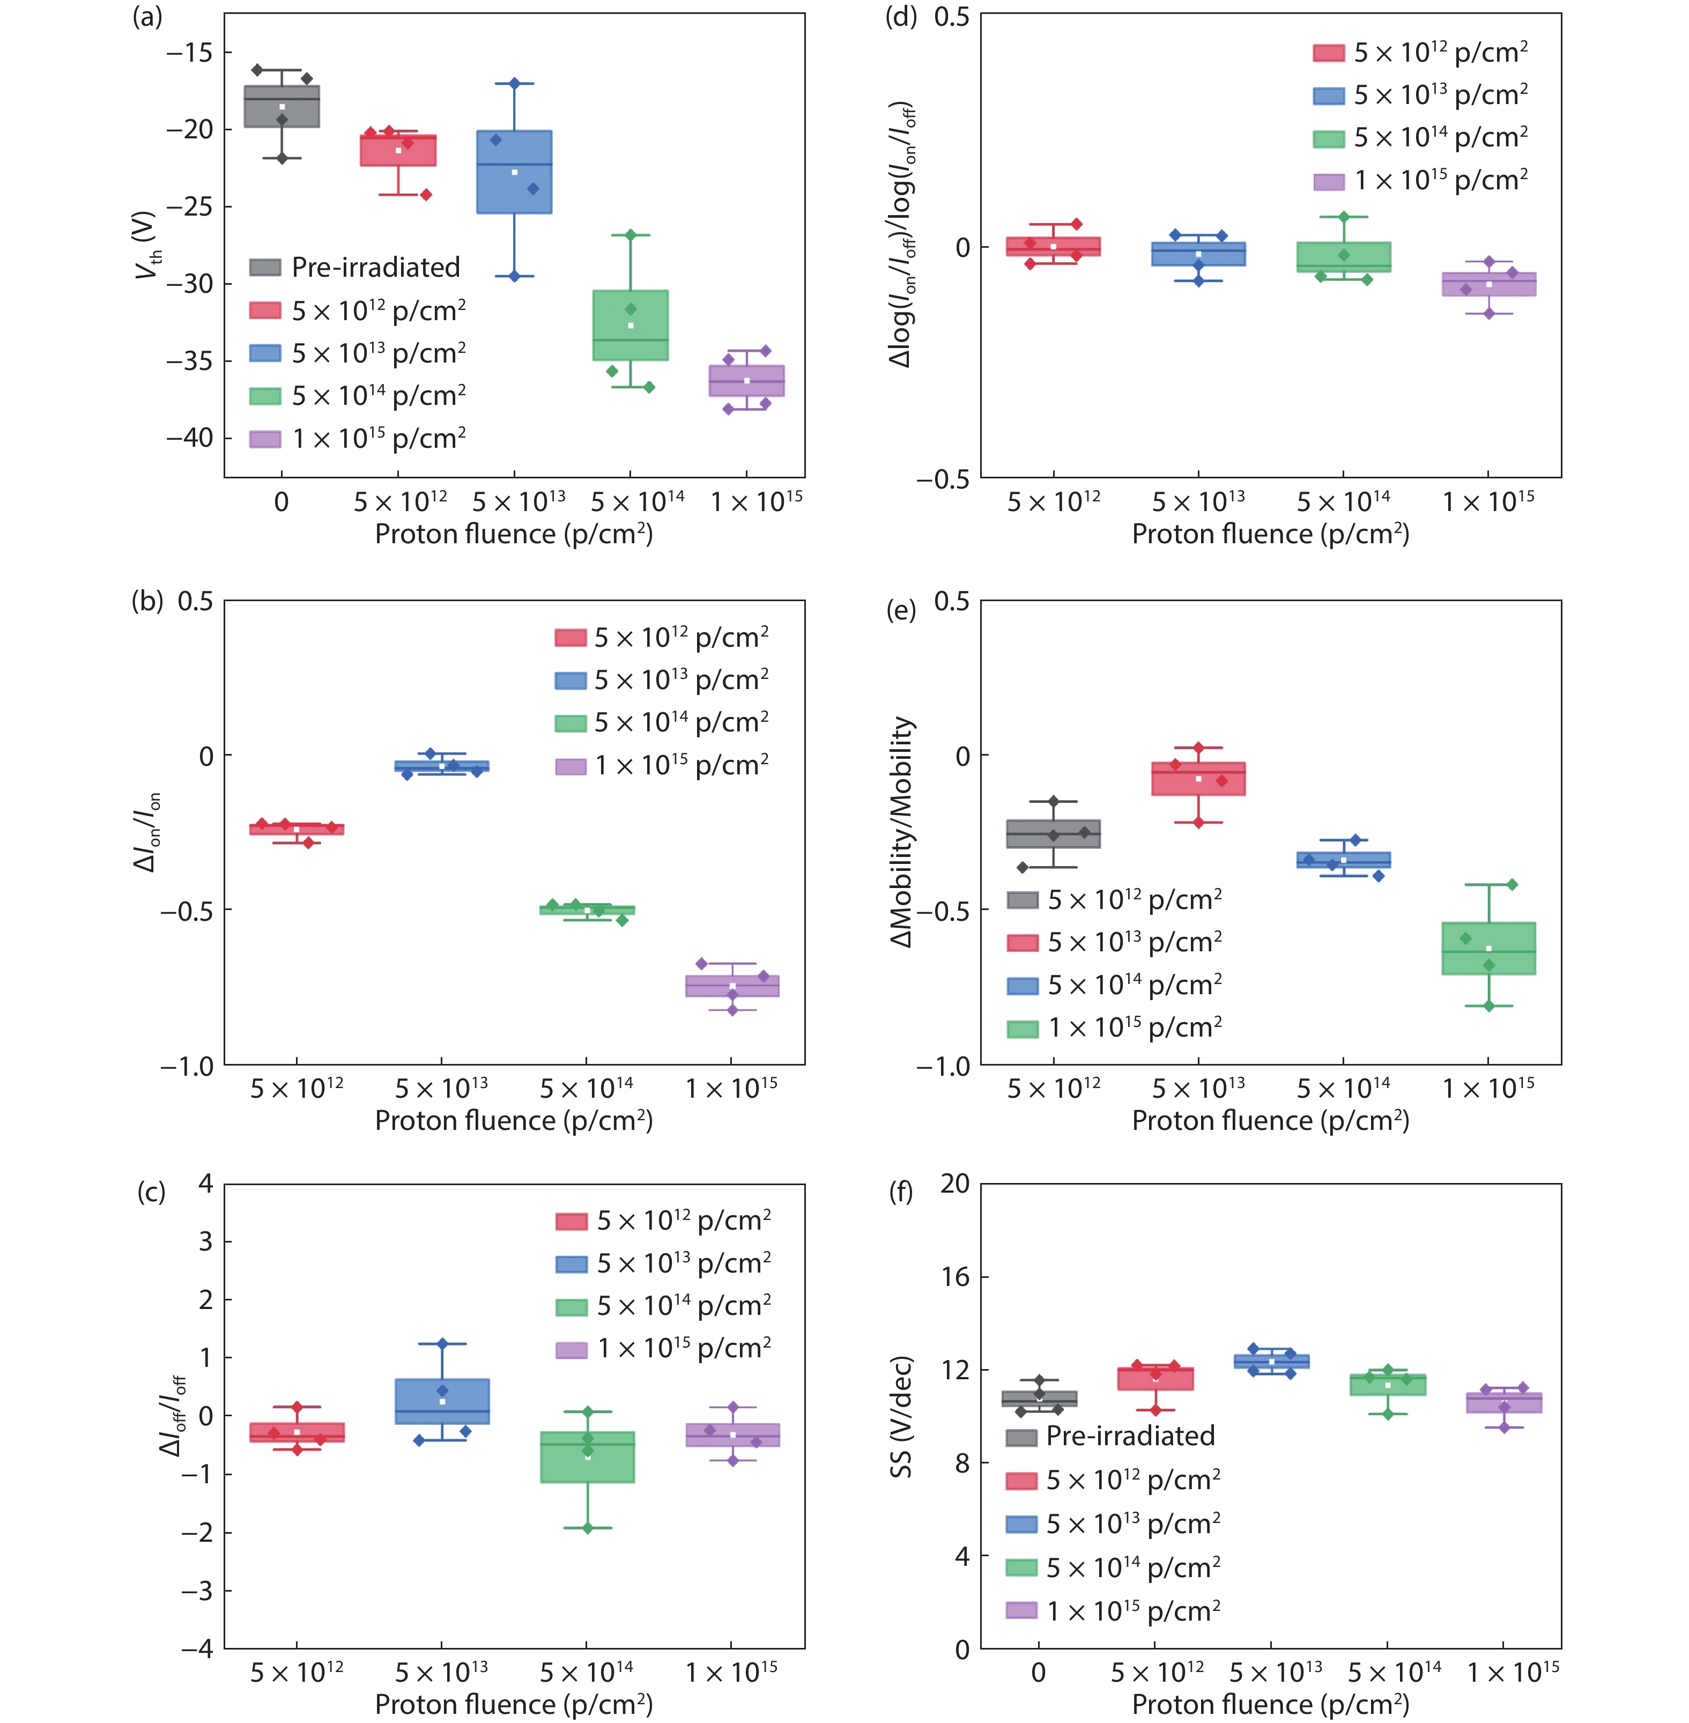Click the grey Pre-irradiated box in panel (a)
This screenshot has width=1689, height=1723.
pos(282,107)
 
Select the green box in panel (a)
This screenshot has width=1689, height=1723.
pos(630,325)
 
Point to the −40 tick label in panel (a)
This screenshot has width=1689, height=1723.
pos(190,438)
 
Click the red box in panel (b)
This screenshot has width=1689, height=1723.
pos(297,829)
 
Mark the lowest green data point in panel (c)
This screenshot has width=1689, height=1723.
pos(587,1528)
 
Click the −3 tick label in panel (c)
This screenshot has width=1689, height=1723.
pos(197,1591)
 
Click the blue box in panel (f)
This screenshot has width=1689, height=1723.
pos(1271,1361)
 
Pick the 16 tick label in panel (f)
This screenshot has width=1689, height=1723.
pos(955,1277)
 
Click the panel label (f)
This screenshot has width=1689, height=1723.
pos(901,1192)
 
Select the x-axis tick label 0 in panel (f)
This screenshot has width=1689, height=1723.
pos(1038,1673)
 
